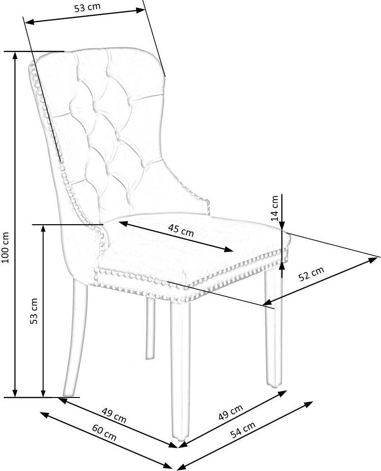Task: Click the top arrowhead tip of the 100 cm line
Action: pyautogui.click(x=14, y=52)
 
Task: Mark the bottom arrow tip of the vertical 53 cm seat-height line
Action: pyautogui.click(x=44, y=397)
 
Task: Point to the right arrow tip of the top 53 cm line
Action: pyautogui.click(x=145, y=10)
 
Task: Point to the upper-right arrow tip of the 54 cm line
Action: pyautogui.click(x=313, y=401)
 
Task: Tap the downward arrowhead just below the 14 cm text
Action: pyautogui.click(x=281, y=230)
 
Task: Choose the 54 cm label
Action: pyautogui.click(x=243, y=429)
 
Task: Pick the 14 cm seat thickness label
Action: pyautogui.click(x=275, y=208)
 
